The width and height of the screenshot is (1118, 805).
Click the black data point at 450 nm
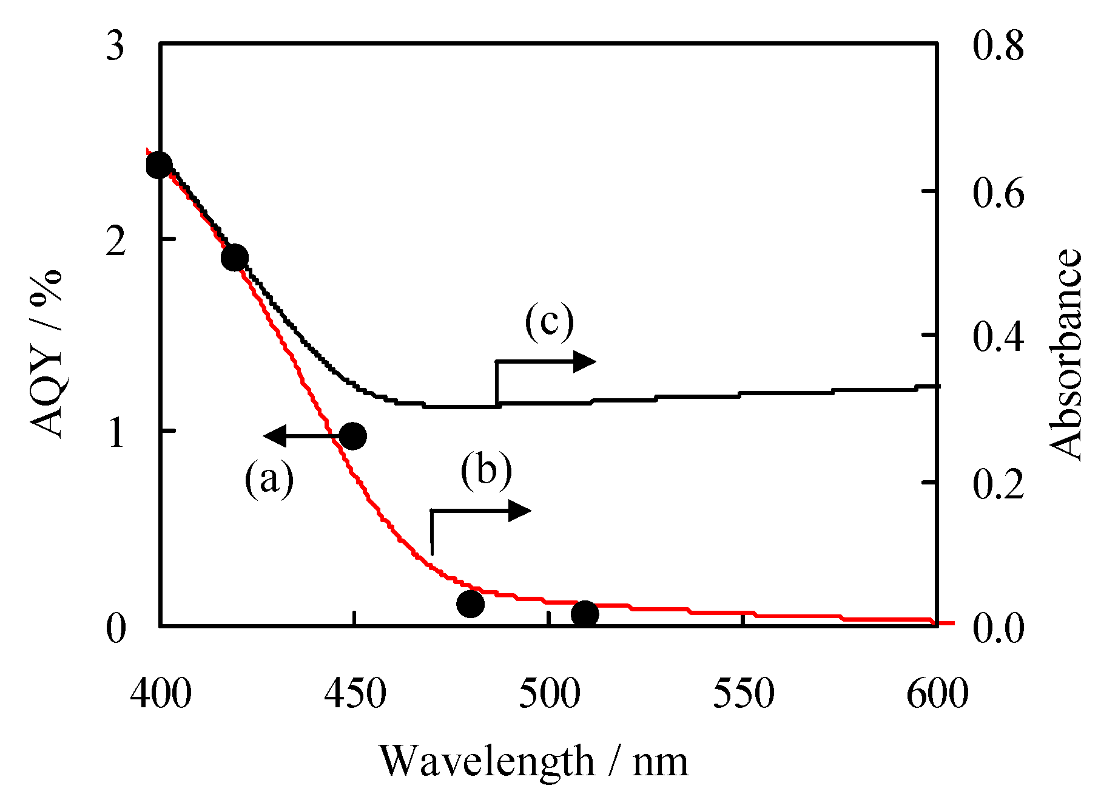352,436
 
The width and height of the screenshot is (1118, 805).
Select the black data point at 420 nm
235,257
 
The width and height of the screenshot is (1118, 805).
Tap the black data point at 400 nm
159,165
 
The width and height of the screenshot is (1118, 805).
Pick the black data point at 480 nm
470,603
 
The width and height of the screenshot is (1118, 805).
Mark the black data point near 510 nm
585,614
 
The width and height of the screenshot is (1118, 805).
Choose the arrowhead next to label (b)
520,511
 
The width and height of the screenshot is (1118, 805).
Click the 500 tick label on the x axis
549,694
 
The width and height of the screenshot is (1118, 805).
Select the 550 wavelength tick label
743,694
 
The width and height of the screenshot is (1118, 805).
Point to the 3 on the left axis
115,46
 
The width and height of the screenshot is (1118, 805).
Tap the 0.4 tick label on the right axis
998,336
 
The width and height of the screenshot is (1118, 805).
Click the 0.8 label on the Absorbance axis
998,46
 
